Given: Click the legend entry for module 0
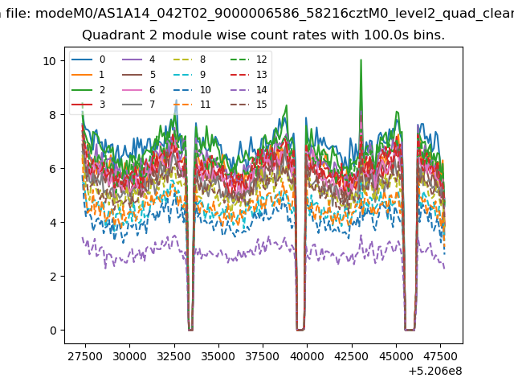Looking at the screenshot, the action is click(88, 60).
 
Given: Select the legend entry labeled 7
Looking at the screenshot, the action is click(138, 105).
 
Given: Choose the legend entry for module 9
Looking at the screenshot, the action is click(190, 75).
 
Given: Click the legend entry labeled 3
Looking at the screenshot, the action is click(88, 105).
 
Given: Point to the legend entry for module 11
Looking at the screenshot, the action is click(192, 105).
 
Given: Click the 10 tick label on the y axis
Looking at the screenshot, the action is click(50, 61).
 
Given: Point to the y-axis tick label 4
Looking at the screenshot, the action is click(53, 223).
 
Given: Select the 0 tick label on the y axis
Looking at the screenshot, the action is click(53, 331).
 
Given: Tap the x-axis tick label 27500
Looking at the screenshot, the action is click(85, 356).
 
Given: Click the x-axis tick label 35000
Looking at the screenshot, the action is click(218, 356).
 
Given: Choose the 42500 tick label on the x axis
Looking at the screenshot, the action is click(352, 356).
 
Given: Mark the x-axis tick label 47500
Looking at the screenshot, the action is click(441, 356).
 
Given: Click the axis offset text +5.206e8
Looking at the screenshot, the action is click(435, 372).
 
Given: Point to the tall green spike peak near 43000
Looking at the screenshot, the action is click(361, 60).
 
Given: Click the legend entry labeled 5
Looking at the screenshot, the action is click(138, 75).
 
